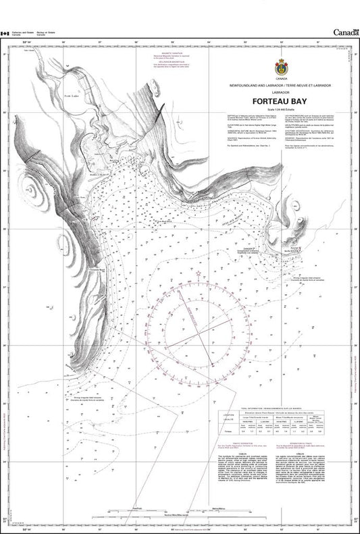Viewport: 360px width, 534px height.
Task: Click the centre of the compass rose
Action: (199, 335)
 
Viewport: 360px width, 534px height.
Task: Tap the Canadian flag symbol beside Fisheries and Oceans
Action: (5, 32)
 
